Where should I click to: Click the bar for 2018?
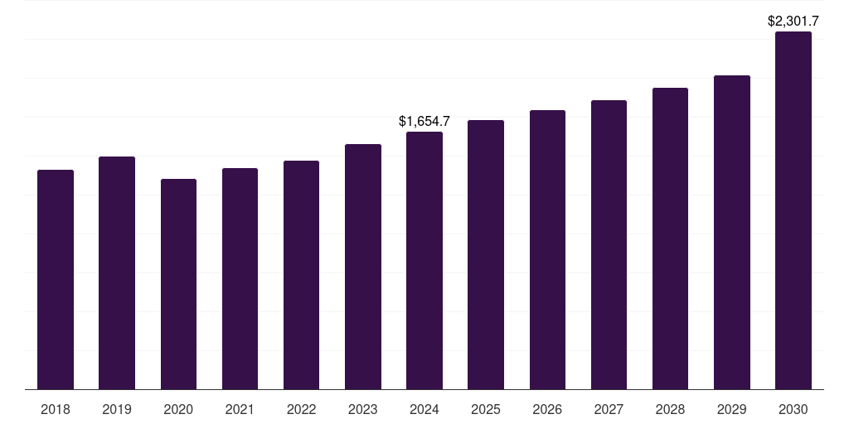pyautogui.click(x=56, y=280)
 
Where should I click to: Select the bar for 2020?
pyautogui.click(x=178, y=284)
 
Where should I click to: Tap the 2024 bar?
pyautogui.click(x=424, y=261)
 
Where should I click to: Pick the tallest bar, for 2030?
pyautogui.click(x=793, y=211)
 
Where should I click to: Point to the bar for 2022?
pyautogui.click(x=301, y=275)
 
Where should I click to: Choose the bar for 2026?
pyautogui.click(x=547, y=250)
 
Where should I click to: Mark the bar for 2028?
pyautogui.click(x=670, y=238)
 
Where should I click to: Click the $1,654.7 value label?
pyautogui.click(x=424, y=122)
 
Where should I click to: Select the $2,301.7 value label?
pyautogui.click(x=793, y=22)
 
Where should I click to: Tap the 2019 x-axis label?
pyautogui.click(x=117, y=409)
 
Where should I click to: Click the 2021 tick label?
pyautogui.click(x=240, y=409)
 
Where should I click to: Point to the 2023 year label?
pyautogui.click(x=363, y=409)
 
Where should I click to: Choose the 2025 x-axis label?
pyautogui.click(x=486, y=409)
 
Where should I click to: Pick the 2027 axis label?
pyautogui.click(x=609, y=409)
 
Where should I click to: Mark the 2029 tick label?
pyautogui.click(x=732, y=409)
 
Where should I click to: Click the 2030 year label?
pyautogui.click(x=793, y=409)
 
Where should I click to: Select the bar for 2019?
pyautogui.click(x=117, y=273)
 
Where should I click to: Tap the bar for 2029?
pyautogui.click(x=732, y=233)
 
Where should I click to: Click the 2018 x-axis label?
pyautogui.click(x=56, y=409)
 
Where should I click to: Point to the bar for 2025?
pyautogui.click(x=486, y=255)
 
